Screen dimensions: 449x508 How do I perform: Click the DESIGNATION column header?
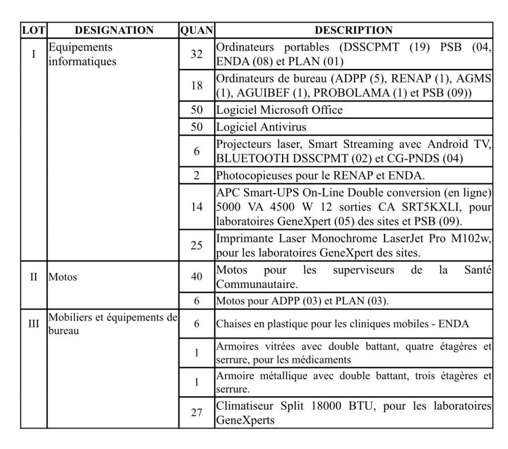point(114,30)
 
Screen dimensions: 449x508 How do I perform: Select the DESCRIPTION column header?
point(353,30)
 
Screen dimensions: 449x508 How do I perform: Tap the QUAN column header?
point(197,30)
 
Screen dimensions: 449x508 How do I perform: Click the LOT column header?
point(34,30)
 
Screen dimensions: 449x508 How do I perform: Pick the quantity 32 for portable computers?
point(197,54)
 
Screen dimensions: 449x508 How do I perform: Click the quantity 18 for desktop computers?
point(197,85)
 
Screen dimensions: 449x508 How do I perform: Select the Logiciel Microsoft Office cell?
point(279,110)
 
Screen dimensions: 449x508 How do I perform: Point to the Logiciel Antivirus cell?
point(261,127)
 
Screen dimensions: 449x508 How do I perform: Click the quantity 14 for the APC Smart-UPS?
point(197,207)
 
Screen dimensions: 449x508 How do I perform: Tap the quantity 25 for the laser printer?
point(197,245)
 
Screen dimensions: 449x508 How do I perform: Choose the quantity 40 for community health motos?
point(197,277)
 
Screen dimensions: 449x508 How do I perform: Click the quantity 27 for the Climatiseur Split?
point(197,413)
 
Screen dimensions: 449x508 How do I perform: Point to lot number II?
point(34,277)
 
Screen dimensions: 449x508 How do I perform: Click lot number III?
point(34,323)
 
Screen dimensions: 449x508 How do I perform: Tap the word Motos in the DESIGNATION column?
point(63,277)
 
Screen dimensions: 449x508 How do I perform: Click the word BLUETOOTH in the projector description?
point(249,159)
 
